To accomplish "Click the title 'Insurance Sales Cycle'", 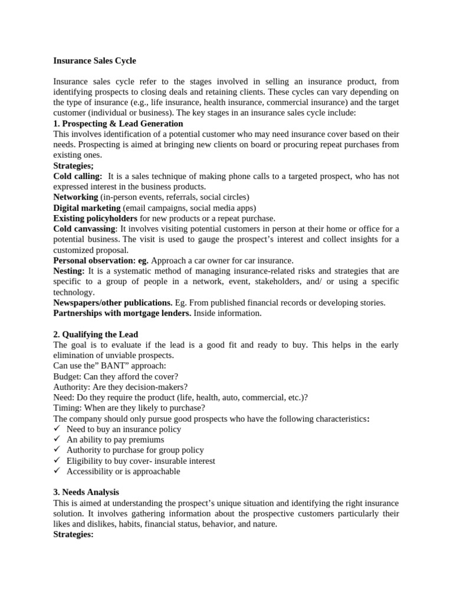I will coord(94,60).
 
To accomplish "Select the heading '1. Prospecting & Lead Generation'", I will coord(118,123).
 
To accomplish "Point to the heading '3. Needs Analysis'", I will coord(86,492).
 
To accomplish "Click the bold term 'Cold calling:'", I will coord(77,176).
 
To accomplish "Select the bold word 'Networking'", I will coord(75,197).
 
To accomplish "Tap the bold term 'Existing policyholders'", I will coord(95,218).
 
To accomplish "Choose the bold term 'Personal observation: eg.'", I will coord(101,260).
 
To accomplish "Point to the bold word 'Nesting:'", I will coord(69,271).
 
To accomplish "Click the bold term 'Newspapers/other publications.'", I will coord(113,302).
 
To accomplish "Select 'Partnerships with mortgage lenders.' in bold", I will coord(122,313).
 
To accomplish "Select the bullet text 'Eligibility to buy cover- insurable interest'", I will coord(140,461).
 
